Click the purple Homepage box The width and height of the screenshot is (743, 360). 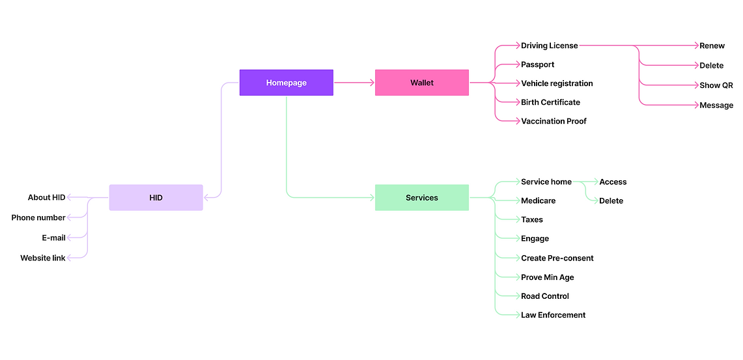pos(287,83)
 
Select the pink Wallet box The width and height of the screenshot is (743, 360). pos(421,83)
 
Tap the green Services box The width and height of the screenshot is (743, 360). pos(421,197)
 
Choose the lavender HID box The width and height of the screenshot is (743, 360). pos(156,197)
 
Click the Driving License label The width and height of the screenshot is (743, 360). pos(549,46)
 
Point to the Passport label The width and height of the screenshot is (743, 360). pos(537,64)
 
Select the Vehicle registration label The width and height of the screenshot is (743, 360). pos(557,83)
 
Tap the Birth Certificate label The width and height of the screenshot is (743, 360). pos(550,102)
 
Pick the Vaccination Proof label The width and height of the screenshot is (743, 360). pos(554,121)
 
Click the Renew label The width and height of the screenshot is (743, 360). pos(712,46)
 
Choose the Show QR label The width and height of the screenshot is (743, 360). pos(716,85)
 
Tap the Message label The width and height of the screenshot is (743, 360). pos(716,105)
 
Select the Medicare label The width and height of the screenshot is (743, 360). pos(538,201)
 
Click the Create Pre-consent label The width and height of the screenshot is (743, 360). pos(557,258)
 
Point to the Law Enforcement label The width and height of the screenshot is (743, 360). pos(553,315)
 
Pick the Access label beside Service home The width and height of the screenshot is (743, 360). pos(613,182)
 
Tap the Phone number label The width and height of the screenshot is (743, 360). pos(38,217)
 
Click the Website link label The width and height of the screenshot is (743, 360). pos(43,258)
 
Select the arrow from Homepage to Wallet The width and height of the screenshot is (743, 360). pos(354,83)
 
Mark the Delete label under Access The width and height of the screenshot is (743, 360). pos(611,201)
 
